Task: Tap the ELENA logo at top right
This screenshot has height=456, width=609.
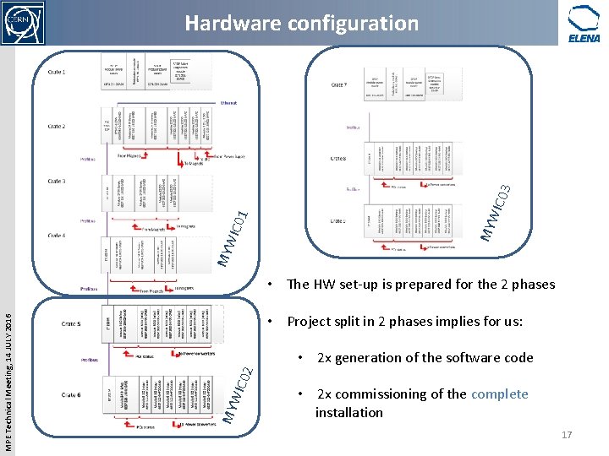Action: (584, 24)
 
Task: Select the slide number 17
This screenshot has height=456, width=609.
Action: (567, 435)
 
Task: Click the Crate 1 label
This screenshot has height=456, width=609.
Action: (57, 72)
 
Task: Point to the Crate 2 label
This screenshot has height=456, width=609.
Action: (57, 127)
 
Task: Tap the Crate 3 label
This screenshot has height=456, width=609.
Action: (57, 182)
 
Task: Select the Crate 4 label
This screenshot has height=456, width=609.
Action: (57, 236)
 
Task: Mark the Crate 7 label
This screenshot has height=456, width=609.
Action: (338, 84)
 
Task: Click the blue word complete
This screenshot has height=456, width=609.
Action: (499, 394)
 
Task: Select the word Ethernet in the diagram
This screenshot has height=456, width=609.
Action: (228, 103)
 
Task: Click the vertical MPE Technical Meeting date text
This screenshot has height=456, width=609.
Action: (8, 372)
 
